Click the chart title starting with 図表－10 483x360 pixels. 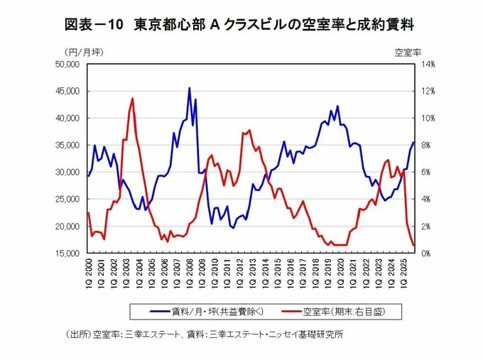pyautogui.click(x=239, y=25)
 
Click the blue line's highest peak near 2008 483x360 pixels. pyautogui.click(x=189, y=88)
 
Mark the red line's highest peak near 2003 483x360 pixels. pyautogui.click(x=133, y=98)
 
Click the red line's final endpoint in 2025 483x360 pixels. pyautogui.click(x=414, y=246)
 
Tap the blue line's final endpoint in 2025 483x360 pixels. pyautogui.click(x=414, y=143)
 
